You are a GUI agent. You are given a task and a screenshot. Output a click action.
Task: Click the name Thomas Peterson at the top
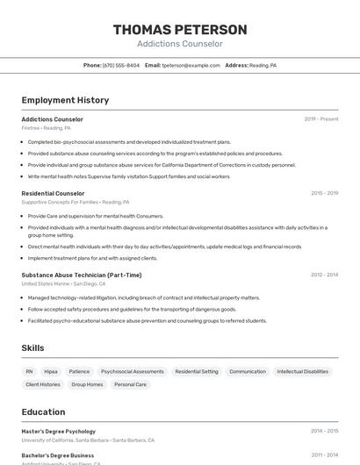[x=180, y=30]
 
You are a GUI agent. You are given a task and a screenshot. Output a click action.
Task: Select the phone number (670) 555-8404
[x=121, y=65]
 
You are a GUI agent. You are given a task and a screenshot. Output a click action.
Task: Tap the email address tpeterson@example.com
[x=191, y=65]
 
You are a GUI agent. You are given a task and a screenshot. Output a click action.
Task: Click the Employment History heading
[x=65, y=100]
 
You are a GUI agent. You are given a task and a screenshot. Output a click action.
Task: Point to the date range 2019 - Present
[x=321, y=119]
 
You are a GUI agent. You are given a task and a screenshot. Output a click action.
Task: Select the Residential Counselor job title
[x=53, y=193]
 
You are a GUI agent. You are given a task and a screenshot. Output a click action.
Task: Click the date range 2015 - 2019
[x=324, y=193]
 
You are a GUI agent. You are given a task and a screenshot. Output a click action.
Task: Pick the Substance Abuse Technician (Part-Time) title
[x=81, y=275]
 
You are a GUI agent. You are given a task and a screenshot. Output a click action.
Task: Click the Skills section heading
[x=32, y=348]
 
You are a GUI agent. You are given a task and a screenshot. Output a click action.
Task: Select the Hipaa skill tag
[x=51, y=371]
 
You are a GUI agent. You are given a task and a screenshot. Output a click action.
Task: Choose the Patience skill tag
[x=79, y=371]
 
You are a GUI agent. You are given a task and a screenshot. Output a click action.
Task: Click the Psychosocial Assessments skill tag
[x=132, y=371]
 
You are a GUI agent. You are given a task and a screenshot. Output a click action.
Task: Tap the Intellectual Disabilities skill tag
[x=302, y=371]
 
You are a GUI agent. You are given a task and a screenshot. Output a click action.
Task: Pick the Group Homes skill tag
[x=87, y=384]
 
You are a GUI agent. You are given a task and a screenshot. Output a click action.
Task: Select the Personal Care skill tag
[x=130, y=384]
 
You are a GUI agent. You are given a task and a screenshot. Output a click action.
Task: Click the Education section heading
[x=43, y=411]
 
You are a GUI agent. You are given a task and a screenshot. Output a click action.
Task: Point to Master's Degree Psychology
[x=58, y=431]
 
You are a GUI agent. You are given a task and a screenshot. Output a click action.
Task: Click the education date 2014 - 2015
[x=324, y=431]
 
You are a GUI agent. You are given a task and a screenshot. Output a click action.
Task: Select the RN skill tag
[x=29, y=371]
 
